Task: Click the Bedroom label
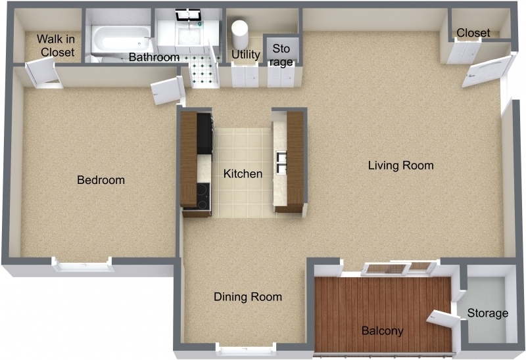coord(101,180)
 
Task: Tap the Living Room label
coord(400,165)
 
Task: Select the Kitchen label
coord(243,174)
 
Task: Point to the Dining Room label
coord(248,297)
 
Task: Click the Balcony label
coord(382,330)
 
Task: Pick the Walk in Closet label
coord(55,45)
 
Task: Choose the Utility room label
coord(245,55)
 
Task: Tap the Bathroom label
coord(154,57)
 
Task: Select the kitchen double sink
coord(281,162)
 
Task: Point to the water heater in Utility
coord(239,30)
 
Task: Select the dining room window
coord(246,349)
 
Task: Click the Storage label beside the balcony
coord(487,313)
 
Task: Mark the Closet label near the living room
coord(473,33)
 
